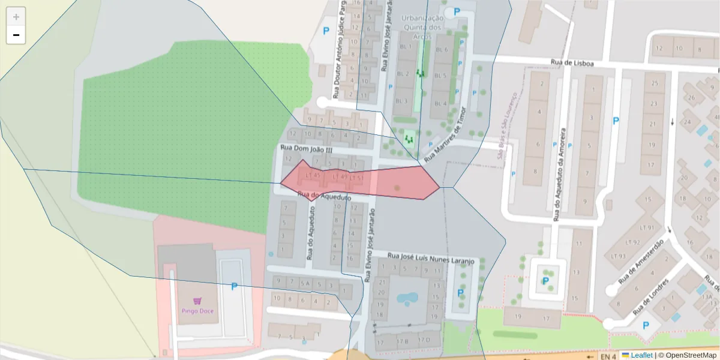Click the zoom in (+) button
click(x=16, y=17)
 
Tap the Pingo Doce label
click(x=197, y=311)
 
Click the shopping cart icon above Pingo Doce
click(x=197, y=301)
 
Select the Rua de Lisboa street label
click(x=572, y=63)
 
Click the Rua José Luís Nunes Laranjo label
click(x=431, y=258)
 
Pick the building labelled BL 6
click(x=442, y=50)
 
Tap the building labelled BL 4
click(x=440, y=103)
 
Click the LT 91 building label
click(x=647, y=228)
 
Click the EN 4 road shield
click(x=608, y=356)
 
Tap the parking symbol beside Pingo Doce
click(x=234, y=287)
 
